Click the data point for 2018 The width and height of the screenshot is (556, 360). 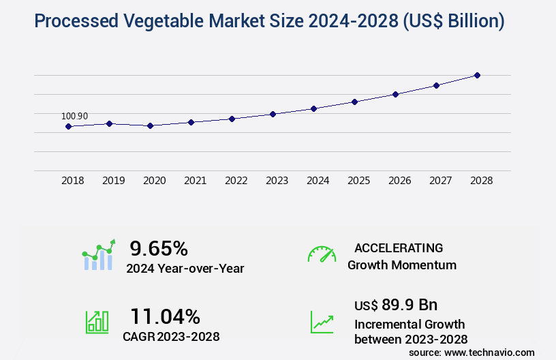(68, 126)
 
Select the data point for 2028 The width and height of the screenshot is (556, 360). (477, 75)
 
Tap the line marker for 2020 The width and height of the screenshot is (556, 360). (150, 125)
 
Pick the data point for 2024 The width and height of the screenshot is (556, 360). (313, 108)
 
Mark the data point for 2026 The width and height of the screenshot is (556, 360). (395, 94)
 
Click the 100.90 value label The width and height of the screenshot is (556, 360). (74, 116)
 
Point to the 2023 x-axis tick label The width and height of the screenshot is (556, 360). (277, 181)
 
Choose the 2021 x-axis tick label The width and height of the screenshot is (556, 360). (195, 181)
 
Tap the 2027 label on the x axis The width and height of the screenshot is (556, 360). (440, 181)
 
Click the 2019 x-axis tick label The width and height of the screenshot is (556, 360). (113, 181)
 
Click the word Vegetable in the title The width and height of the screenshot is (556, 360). (180, 21)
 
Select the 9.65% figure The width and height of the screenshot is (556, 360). (159, 247)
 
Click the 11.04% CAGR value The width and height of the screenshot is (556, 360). (165, 316)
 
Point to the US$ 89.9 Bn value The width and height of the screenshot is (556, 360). (396, 304)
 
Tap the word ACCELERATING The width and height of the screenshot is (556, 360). (399, 247)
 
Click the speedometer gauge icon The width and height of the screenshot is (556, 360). (322, 254)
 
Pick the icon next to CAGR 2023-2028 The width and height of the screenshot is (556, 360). (97, 322)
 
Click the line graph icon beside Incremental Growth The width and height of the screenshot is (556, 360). (322, 322)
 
